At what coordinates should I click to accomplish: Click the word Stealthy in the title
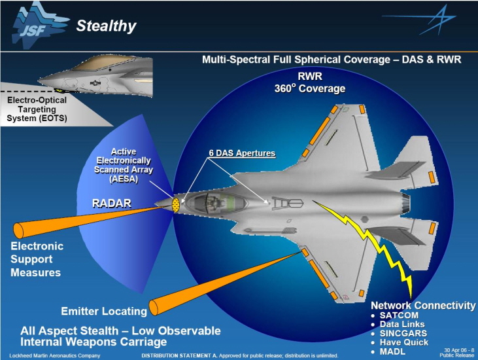[106, 26]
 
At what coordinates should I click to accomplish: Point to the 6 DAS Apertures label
[238, 154]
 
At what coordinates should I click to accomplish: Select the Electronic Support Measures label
[37, 259]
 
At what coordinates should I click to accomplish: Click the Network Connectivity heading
[423, 306]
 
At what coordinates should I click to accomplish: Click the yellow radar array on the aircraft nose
[175, 204]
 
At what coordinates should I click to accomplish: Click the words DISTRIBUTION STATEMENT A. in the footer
[175, 355]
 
